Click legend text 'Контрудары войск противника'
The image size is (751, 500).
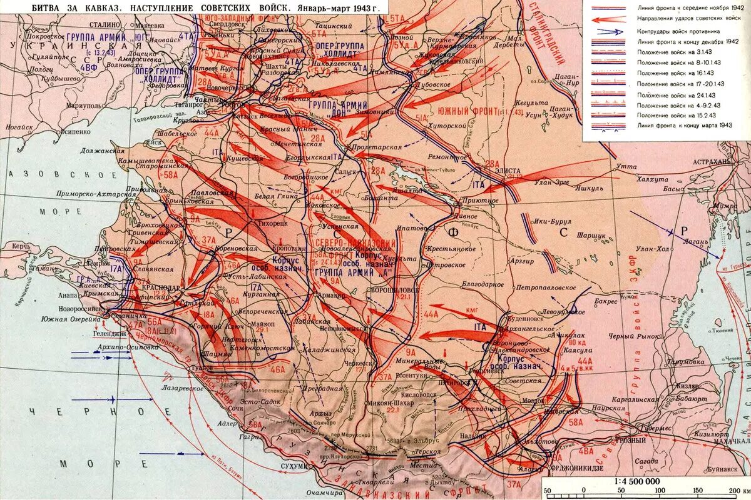[678, 31]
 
